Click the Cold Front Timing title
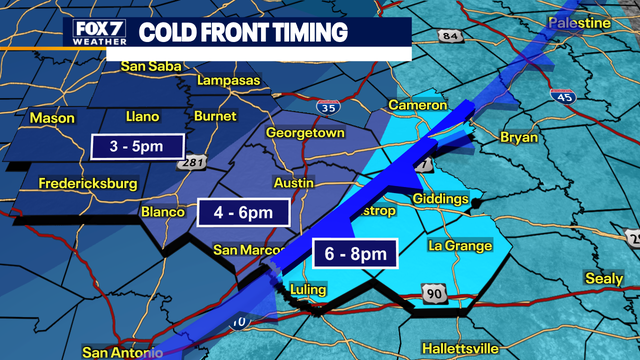[x=243, y=32]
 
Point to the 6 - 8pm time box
[x=356, y=254]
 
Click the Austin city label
[x=294, y=184]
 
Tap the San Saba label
[x=148, y=66]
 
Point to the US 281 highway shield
[x=194, y=164]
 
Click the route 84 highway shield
[x=451, y=38]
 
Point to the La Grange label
[x=460, y=246]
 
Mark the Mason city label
[x=52, y=118]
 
